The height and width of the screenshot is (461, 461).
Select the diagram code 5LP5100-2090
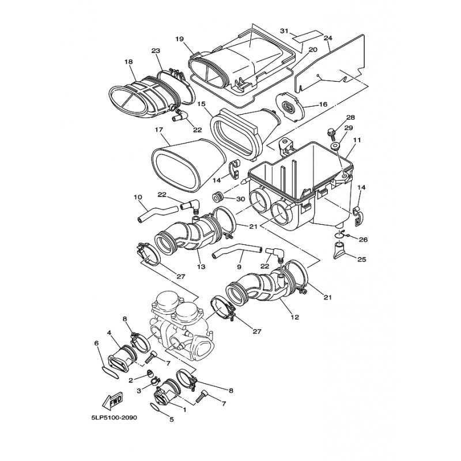(x=114, y=418)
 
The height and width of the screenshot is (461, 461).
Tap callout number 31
(x=284, y=31)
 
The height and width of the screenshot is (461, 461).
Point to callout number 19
(x=179, y=39)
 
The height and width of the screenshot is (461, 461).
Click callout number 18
(x=129, y=62)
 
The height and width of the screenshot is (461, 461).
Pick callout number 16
(x=323, y=104)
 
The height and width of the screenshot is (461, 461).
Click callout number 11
(x=357, y=140)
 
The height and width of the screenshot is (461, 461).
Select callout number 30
(x=240, y=199)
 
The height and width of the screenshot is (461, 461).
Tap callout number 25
(x=362, y=259)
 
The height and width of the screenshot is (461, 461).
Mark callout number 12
(x=294, y=318)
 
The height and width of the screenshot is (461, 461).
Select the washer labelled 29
(x=335, y=146)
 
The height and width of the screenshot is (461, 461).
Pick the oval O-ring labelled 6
(x=110, y=372)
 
